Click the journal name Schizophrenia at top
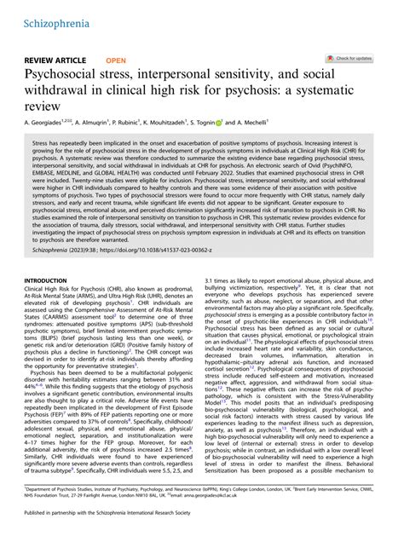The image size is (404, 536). pos(50,17)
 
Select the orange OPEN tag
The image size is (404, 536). pos(117,61)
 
